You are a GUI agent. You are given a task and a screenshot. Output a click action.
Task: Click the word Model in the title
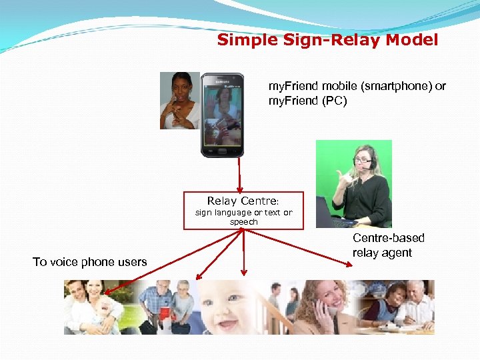pos(415,40)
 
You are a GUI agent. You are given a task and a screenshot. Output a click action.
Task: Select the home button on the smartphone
pos(222,151)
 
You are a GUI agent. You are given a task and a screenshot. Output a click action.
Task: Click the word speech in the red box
pos(243,222)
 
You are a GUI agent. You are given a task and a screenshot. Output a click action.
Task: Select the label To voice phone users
pos(89,262)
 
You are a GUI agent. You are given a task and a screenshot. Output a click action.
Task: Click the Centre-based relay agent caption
pos(388,245)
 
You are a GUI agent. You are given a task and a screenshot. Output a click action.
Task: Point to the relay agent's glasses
pos(363,159)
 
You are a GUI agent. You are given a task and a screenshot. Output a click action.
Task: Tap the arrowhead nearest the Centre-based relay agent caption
pos(349,265)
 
